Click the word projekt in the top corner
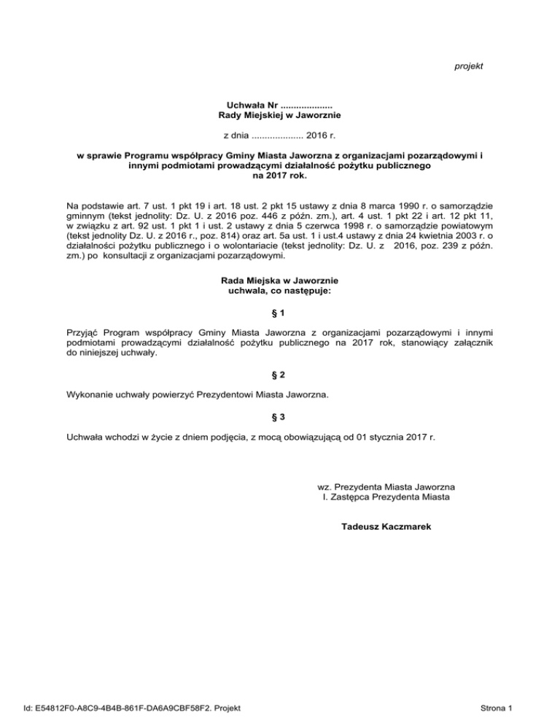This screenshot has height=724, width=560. (469, 66)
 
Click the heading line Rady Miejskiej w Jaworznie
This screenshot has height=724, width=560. (280, 115)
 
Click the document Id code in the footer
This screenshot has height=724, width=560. (134, 707)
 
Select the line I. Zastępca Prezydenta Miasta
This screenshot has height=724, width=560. (386, 497)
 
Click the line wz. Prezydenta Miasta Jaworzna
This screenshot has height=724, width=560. (387, 486)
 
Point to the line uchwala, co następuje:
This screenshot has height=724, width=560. (280, 291)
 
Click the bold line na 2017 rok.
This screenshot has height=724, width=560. (280, 176)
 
